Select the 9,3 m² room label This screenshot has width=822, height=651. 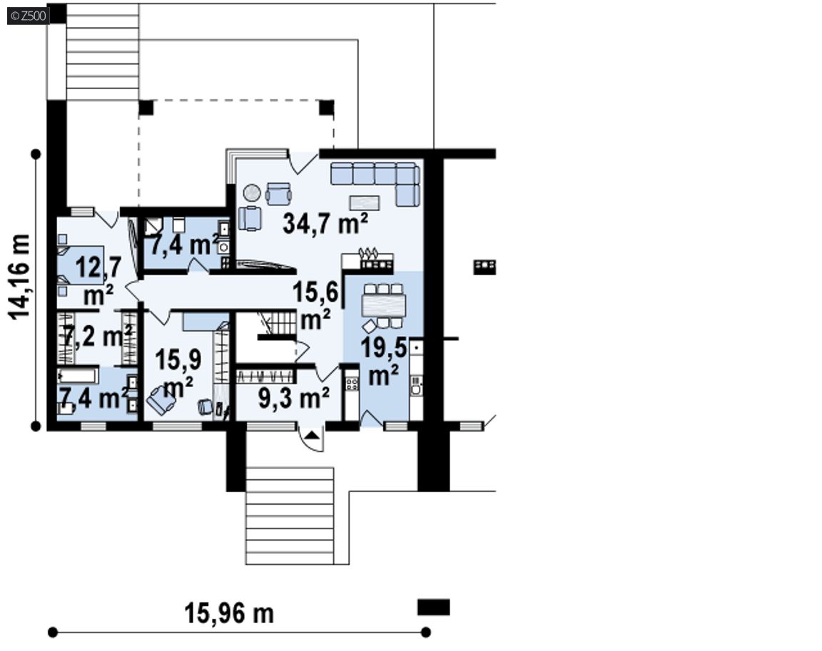294,399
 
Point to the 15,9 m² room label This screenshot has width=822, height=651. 178,374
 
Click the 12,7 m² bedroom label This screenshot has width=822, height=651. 98,281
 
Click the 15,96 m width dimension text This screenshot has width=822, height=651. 229,613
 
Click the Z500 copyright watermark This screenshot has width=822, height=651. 29,16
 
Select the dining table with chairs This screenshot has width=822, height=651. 384,307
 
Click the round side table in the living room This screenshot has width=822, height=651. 252,193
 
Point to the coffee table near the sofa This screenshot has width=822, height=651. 365,203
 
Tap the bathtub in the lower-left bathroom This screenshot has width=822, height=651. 78,376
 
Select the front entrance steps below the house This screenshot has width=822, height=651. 290,516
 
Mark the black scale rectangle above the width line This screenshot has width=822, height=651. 434,608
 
